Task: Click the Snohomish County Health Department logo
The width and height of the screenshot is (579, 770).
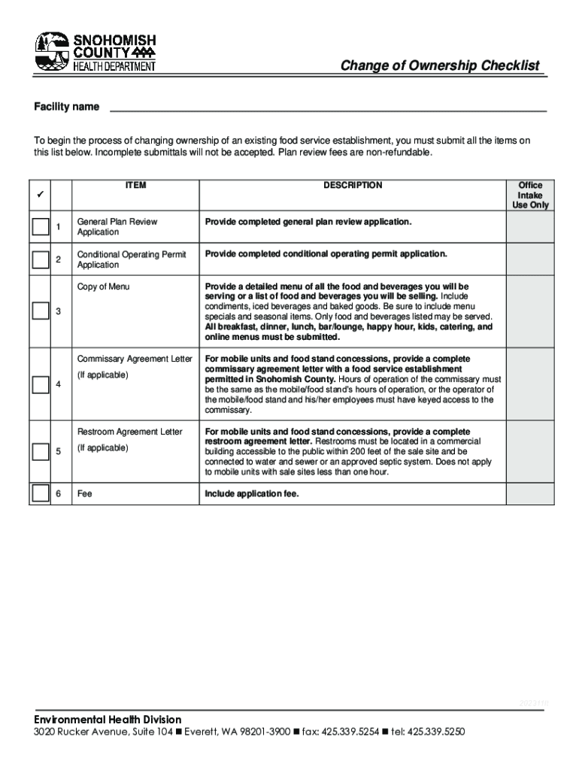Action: tap(95, 52)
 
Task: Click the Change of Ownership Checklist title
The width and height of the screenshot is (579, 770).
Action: tap(440, 66)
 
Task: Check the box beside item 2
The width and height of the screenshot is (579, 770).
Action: tap(41, 259)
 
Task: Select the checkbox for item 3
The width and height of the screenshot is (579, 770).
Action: tap(41, 311)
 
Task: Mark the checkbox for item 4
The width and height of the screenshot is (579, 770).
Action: tap(41, 384)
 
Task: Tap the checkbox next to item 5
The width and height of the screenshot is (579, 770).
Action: tap(41, 451)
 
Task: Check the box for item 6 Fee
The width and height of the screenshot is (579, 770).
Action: tap(41, 493)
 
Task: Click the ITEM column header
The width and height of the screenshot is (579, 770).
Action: tap(135, 186)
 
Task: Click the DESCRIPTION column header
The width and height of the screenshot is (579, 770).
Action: tap(353, 186)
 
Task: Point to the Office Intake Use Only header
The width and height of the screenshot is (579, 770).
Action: tap(530, 195)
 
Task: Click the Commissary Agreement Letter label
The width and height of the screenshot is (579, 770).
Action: tap(135, 359)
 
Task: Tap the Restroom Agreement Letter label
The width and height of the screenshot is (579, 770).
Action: tap(129, 432)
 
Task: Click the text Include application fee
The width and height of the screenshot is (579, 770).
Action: tap(252, 494)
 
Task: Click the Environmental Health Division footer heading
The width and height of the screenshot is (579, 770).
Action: tap(108, 720)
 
